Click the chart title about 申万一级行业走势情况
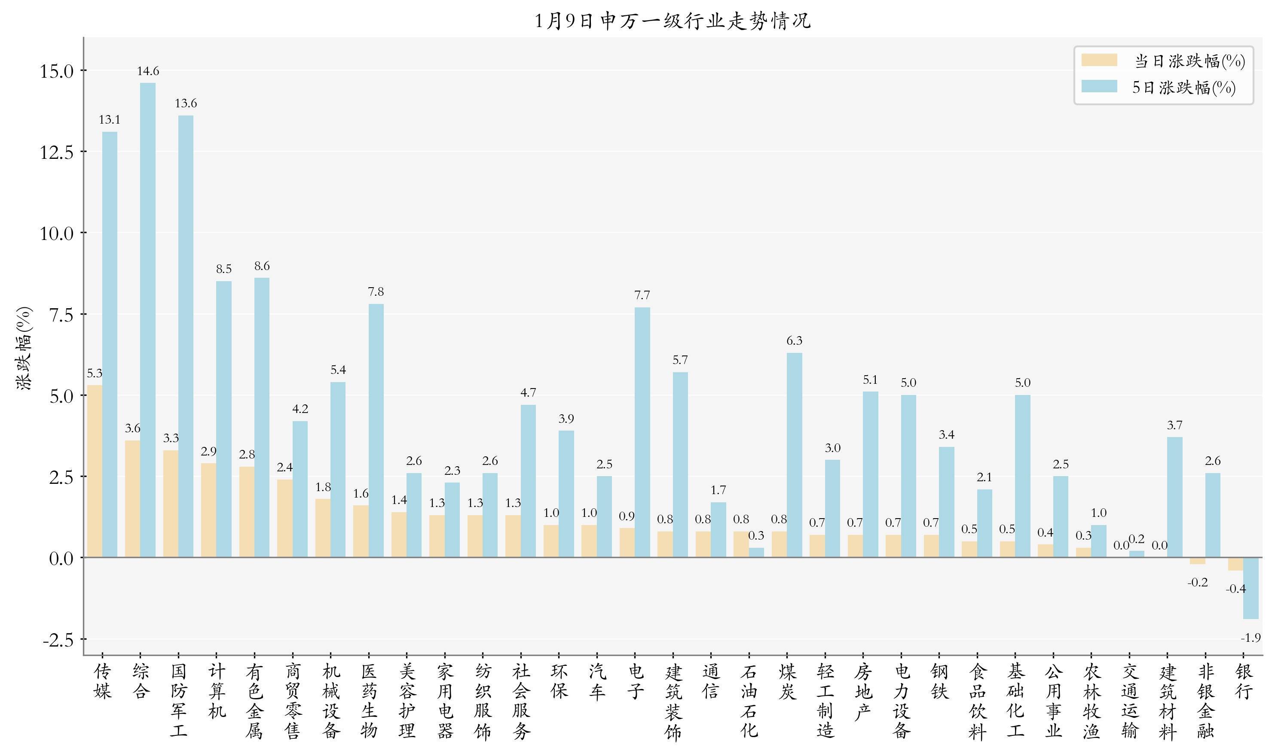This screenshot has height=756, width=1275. [x=673, y=21]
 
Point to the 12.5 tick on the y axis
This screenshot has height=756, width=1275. [x=57, y=152]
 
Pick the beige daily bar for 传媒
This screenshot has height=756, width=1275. [x=95, y=471]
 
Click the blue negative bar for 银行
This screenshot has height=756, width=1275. [x=1251, y=589]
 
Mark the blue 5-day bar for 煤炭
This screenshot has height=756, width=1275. [x=794, y=455]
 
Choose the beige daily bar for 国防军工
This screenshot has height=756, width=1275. [x=171, y=504]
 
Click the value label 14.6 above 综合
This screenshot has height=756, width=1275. [x=148, y=71]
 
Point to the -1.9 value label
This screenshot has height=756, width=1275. [x=1251, y=638]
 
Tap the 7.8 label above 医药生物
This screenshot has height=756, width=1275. [x=376, y=292]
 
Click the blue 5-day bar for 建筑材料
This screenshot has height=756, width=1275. [x=1174, y=497]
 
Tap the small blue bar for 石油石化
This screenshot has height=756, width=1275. [x=757, y=552]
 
